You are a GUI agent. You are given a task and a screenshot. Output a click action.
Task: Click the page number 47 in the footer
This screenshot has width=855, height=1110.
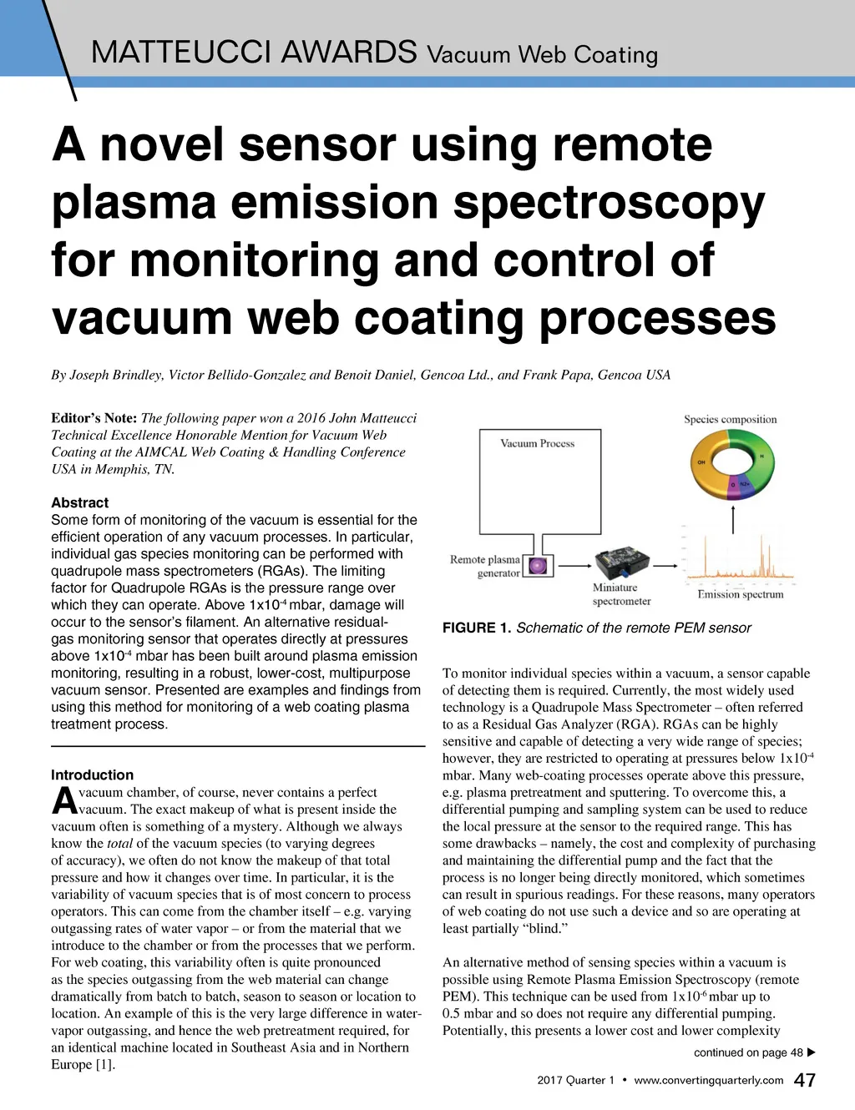pos(805,1080)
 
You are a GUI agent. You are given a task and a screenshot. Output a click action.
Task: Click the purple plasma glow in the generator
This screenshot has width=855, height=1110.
pos(539,566)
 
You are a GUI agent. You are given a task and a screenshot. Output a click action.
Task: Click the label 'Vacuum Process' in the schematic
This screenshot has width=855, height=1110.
pos(538,443)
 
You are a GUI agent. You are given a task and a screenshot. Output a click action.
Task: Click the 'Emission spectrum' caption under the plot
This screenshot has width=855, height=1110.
pos(741,594)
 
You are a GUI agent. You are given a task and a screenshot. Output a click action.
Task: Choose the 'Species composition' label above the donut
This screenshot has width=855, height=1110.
pos(731,419)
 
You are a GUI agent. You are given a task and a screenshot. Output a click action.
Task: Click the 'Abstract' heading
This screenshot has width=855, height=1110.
pos(79,502)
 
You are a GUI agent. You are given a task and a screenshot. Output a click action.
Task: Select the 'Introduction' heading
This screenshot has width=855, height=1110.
pos(92,774)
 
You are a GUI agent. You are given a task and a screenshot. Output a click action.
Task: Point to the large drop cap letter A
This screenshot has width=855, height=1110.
pos(64,801)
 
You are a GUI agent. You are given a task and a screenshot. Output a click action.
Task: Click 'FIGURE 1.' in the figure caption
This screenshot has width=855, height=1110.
pos(476,628)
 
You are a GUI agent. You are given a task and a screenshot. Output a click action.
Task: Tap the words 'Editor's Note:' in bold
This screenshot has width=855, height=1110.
pos(94,418)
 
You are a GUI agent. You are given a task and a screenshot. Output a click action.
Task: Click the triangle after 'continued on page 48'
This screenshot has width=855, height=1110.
pos(811,1052)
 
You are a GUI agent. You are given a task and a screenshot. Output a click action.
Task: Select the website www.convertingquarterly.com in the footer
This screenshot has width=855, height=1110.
pos(708,1080)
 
